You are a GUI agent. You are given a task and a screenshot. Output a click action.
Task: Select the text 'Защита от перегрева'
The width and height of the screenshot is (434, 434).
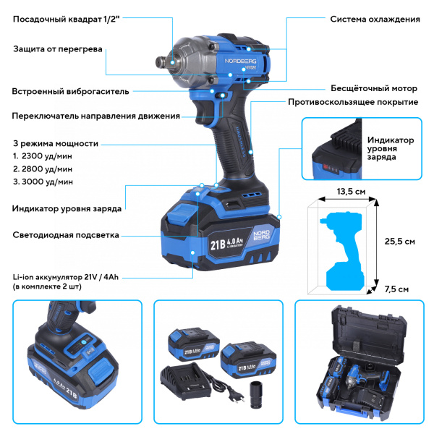point(58,50)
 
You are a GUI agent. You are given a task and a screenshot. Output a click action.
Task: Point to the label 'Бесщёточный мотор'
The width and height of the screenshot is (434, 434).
point(373,88)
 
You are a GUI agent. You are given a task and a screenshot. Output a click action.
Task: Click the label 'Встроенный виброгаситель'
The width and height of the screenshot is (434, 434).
point(70,92)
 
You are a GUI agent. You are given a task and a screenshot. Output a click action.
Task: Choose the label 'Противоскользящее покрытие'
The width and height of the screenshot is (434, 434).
point(353,102)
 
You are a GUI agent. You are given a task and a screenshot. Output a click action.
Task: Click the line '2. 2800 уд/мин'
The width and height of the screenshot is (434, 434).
point(43,169)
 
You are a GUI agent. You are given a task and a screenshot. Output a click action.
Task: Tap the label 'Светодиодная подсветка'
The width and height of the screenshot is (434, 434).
point(66,235)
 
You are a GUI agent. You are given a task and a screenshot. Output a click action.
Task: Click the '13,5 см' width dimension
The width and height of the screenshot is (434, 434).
point(350,192)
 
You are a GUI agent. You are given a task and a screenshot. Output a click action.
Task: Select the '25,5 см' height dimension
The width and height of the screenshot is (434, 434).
point(399,241)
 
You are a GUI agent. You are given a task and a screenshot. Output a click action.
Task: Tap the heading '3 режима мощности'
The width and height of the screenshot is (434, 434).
point(56,143)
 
